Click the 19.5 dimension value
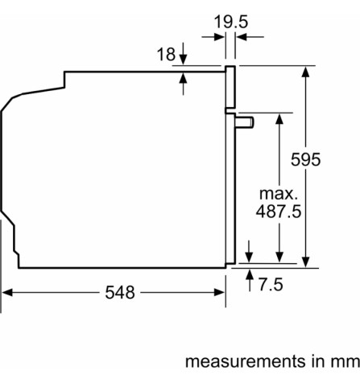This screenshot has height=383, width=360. (x=230, y=21)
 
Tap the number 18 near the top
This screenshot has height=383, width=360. (x=167, y=55)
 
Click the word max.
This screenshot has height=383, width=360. (x=279, y=194)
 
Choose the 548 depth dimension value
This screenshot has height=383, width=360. (x=119, y=292)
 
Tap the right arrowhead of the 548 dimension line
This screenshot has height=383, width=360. (x=219, y=292)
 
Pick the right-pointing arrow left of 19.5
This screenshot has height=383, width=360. (x=219, y=36)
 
